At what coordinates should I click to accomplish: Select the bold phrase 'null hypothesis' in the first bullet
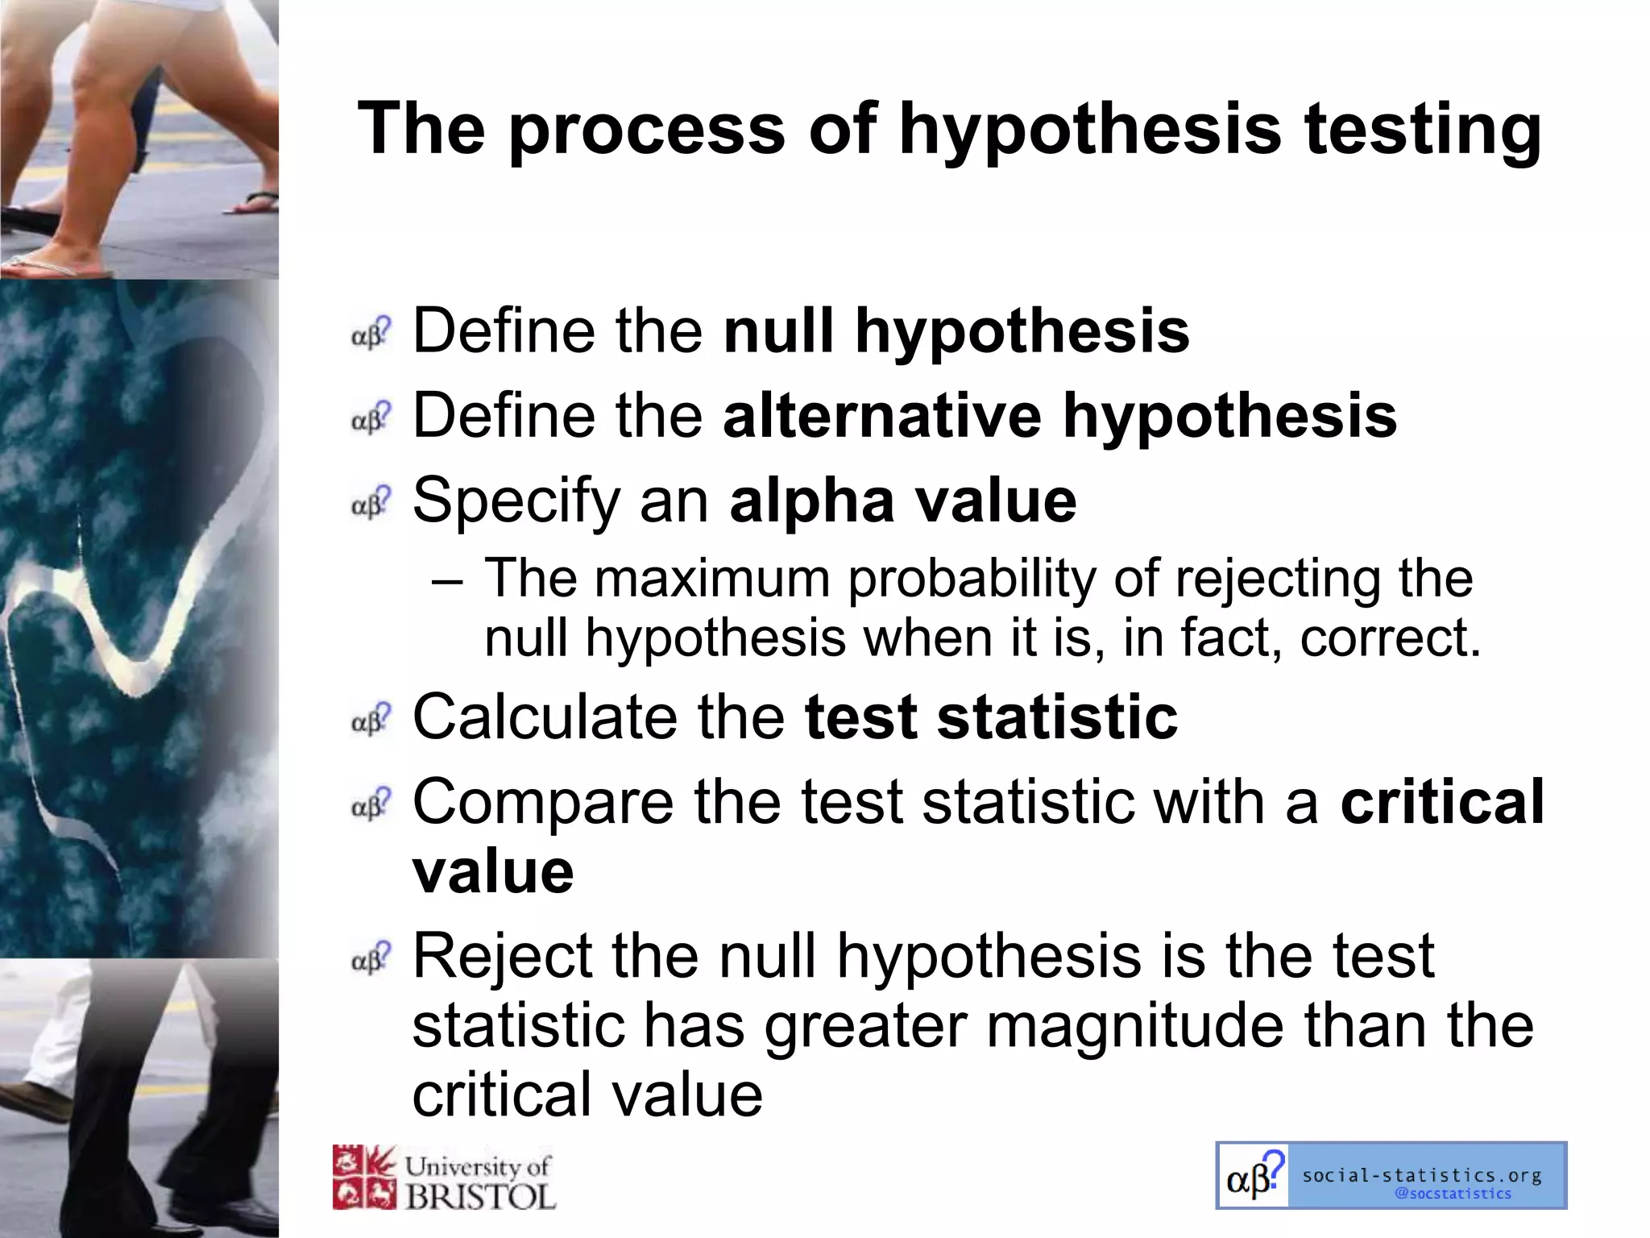tap(956, 331)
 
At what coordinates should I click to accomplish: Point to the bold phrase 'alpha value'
tap(902, 501)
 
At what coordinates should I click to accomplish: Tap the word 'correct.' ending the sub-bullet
tap(1391, 638)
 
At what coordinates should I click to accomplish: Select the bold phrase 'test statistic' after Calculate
tap(991, 717)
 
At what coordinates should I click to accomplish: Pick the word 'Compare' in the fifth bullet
tap(543, 804)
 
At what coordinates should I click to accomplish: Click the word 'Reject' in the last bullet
tap(502, 957)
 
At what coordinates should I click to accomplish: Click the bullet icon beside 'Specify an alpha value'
tap(371, 502)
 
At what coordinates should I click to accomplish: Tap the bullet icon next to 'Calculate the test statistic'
tap(371, 719)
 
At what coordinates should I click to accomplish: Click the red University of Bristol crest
tap(364, 1178)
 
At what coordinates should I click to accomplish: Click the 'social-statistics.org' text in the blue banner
tap(1421, 1175)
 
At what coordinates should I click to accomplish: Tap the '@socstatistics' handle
tap(1453, 1194)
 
